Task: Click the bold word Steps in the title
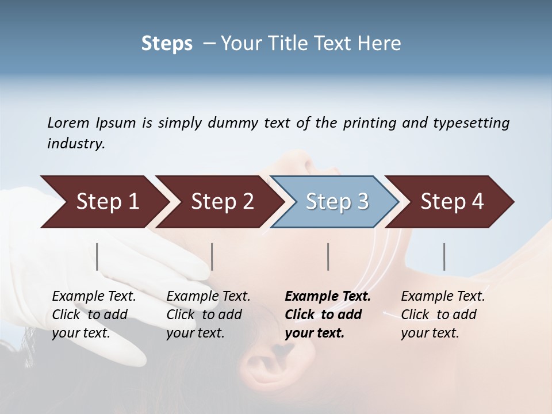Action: pos(167,44)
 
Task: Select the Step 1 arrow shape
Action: pos(103,202)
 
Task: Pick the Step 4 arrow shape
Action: pos(451,202)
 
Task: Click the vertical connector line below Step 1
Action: pos(97,256)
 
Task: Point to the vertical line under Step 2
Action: pos(212,256)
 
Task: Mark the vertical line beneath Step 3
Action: pos(328,256)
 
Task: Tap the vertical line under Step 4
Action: pos(444,256)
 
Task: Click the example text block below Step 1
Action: pos(93,315)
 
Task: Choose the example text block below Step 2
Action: pos(208,315)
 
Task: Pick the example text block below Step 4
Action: pos(442,315)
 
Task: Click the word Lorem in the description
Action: pos(68,122)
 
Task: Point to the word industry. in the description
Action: pos(76,143)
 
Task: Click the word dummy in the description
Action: pos(235,122)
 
